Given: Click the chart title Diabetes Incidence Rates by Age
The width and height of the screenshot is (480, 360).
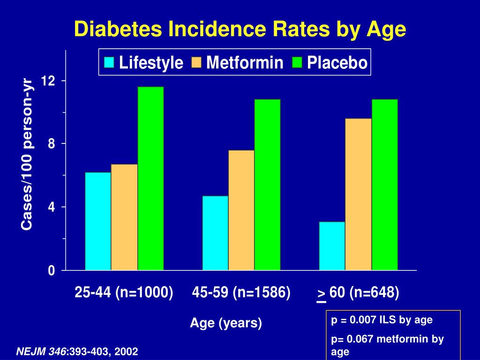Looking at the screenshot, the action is coord(240,30).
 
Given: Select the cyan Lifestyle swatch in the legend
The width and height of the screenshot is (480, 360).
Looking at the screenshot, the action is coord(109,62).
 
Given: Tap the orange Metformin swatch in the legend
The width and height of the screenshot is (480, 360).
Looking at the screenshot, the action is coord(196,62).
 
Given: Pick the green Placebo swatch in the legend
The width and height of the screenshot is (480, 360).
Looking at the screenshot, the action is coord(297,62).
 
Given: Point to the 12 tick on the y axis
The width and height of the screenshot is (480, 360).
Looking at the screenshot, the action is coord(48,81).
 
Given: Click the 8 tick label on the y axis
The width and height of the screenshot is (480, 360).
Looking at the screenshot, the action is coord(52,143).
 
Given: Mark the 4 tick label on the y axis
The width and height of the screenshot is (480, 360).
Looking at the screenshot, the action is coord(52,207).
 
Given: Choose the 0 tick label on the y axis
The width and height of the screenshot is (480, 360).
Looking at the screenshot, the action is coord(52,270).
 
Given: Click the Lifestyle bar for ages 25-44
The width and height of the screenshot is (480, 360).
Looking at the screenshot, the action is coord(98,221).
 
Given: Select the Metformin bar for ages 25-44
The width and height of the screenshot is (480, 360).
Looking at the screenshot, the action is coord(124,217).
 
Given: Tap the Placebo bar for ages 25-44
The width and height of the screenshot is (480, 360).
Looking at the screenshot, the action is coord(150,179).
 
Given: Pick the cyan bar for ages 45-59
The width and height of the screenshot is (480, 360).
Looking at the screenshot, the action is coord(215,233).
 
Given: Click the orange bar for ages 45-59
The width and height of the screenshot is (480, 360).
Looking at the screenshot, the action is coord(241,210).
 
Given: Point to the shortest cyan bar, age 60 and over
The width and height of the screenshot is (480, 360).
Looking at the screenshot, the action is coord(332,246).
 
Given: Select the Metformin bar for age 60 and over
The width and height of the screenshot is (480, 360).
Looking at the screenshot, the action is coord(359,195).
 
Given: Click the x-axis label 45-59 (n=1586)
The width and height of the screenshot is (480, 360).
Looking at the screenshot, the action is coord(241,292).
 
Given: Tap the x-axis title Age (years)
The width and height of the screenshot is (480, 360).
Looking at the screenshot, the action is coord(226,323).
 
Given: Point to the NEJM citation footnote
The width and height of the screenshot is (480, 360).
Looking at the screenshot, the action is coord(77,352).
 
